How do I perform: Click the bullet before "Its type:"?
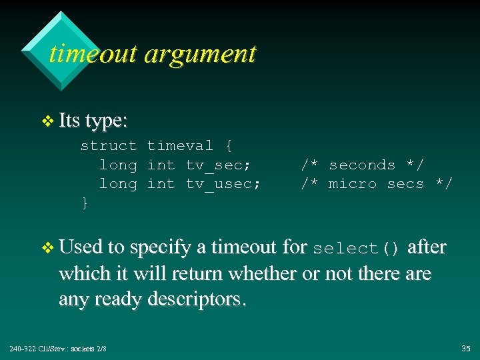coord(47,121)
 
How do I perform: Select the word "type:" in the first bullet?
coord(107,121)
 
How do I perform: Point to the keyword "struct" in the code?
coord(108,145)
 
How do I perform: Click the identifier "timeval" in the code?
coord(180,145)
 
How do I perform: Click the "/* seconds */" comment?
coord(362,165)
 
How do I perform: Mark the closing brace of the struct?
coord(85,203)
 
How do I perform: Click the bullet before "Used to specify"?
coord(47,248)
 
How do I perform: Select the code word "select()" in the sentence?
coord(356,249)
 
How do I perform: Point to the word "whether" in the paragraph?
coord(255,273)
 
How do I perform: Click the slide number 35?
coord(465,349)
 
